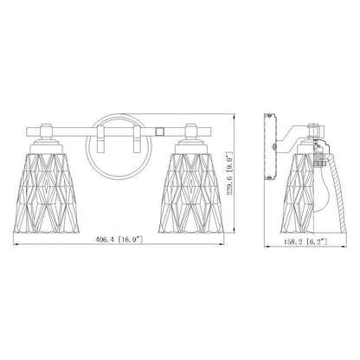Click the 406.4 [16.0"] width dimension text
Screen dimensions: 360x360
pos(119,240)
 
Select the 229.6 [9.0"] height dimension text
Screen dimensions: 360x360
pos(229,173)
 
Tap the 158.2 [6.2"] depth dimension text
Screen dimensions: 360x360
pos(305,242)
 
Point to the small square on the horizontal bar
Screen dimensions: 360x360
pos(159,132)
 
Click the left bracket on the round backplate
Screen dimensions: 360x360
pos(100,139)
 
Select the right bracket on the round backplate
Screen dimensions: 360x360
pos(137,139)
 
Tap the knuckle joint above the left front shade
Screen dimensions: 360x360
pos(46,131)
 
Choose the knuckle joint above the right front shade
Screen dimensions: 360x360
pos(191,131)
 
